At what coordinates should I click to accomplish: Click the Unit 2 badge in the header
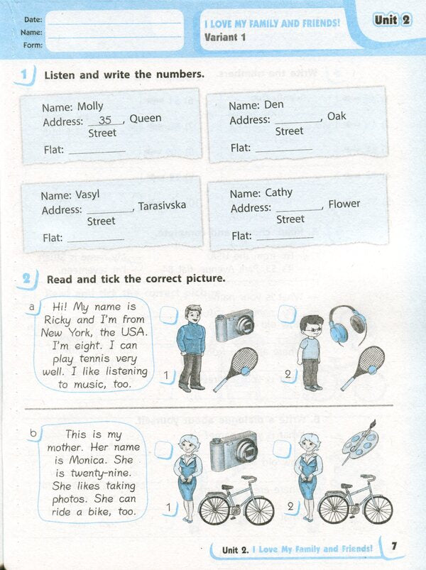(x=392, y=20)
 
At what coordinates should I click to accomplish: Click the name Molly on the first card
(x=89, y=106)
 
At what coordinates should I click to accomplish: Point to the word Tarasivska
(x=162, y=206)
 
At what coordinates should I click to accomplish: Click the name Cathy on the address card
(x=278, y=192)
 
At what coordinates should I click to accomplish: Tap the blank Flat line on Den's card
(x=283, y=148)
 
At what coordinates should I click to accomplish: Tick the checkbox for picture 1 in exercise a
(x=168, y=314)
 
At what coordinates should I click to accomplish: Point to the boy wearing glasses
(x=310, y=352)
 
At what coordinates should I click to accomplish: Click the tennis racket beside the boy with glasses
(x=363, y=368)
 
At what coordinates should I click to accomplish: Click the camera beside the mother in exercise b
(x=233, y=447)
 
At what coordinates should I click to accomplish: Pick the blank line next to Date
(x=114, y=20)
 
